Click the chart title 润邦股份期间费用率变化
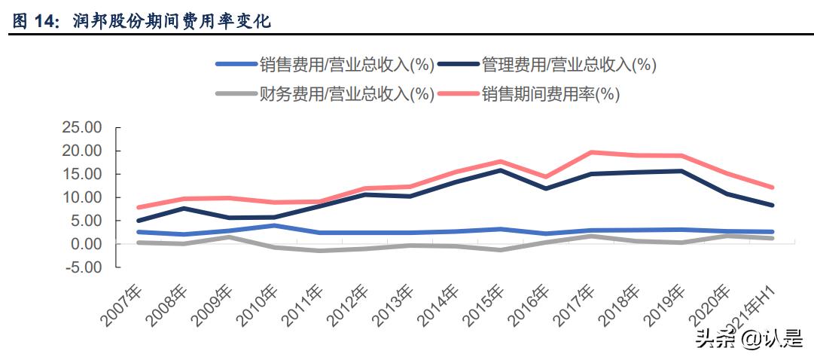[172, 22]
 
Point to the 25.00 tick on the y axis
[81, 128]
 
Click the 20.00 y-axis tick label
[81, 151]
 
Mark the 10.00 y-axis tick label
[81, 197]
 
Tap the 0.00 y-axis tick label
[86, 244]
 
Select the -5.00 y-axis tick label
[84, 267]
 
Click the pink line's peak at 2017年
[593, 152]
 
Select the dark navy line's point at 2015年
[502, 170]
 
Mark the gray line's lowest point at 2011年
[319, 251]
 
